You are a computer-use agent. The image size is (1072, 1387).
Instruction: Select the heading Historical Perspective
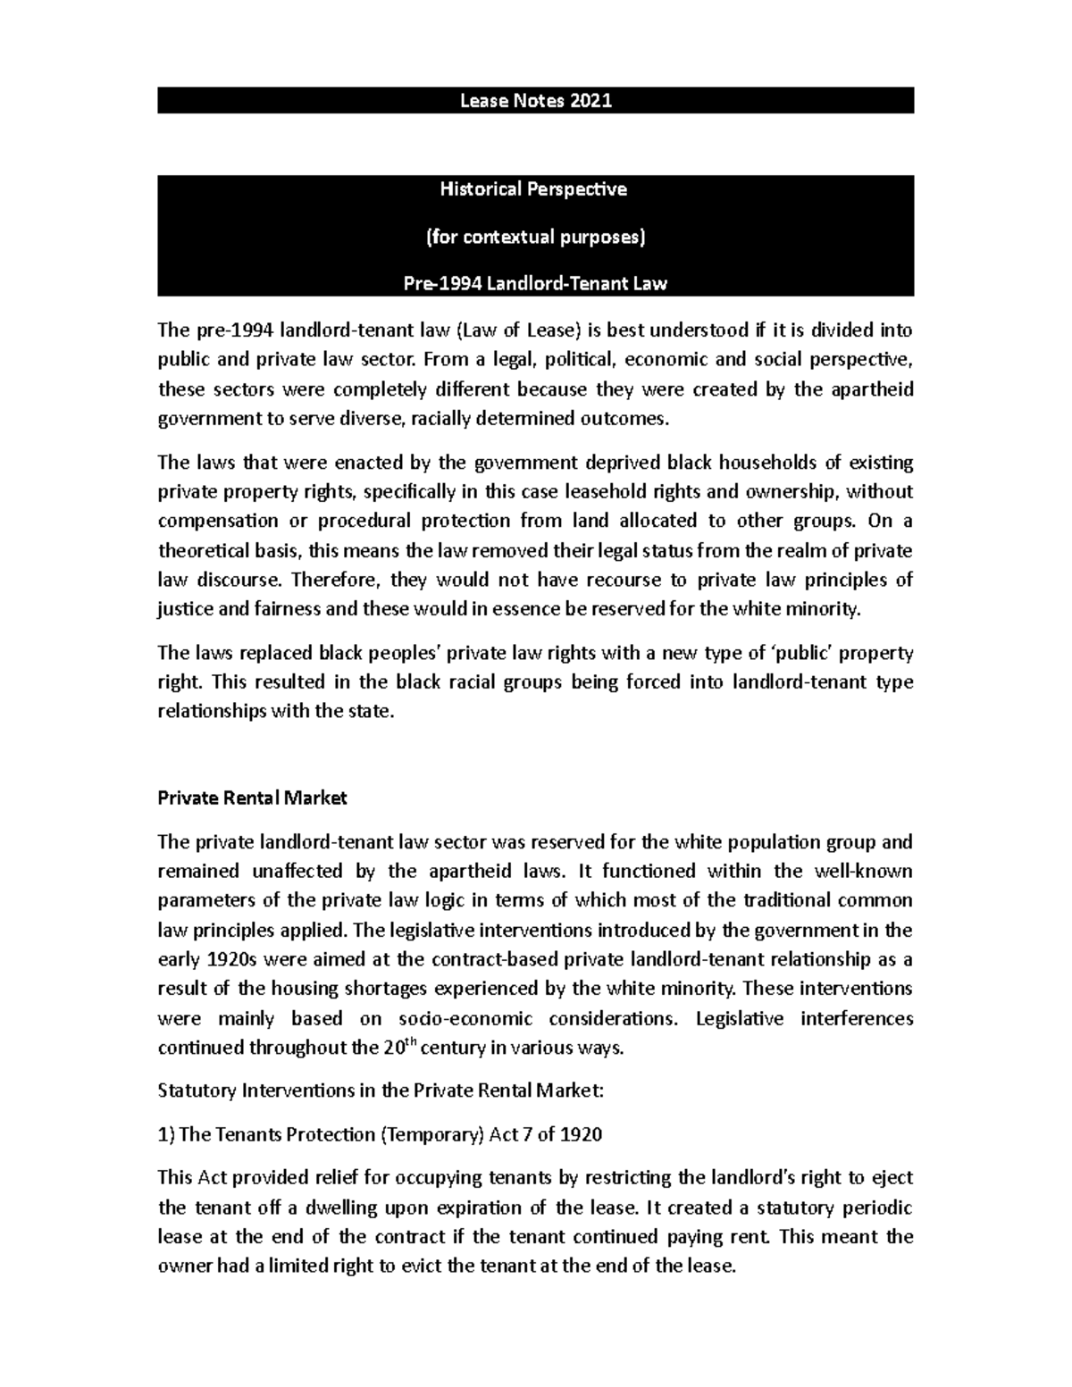pos(536,189)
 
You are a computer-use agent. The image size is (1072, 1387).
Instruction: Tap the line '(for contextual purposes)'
pos(536,238)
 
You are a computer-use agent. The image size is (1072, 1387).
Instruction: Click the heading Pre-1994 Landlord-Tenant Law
pos(536,285)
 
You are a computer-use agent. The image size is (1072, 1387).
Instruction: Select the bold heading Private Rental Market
pos(252,798)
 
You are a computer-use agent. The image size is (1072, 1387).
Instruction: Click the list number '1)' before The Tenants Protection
pos(166,1135)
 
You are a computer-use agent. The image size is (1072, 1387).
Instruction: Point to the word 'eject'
pos(893,1179)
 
